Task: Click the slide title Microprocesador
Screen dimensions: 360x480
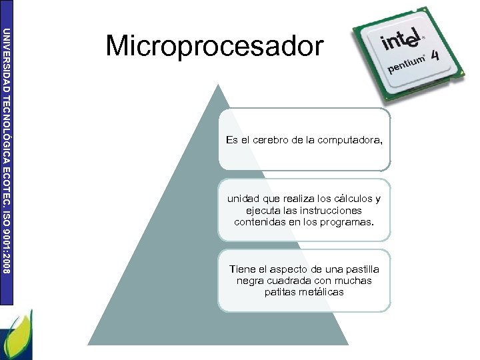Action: (214, 47)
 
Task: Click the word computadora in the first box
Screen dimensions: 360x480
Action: (351, 140)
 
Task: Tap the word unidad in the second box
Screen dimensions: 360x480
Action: (243, 199)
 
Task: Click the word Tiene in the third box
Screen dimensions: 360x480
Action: (243, 269)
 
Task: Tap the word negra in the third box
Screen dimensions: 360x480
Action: (250, 280)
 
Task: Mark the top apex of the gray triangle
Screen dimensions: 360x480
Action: (218, 85)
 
